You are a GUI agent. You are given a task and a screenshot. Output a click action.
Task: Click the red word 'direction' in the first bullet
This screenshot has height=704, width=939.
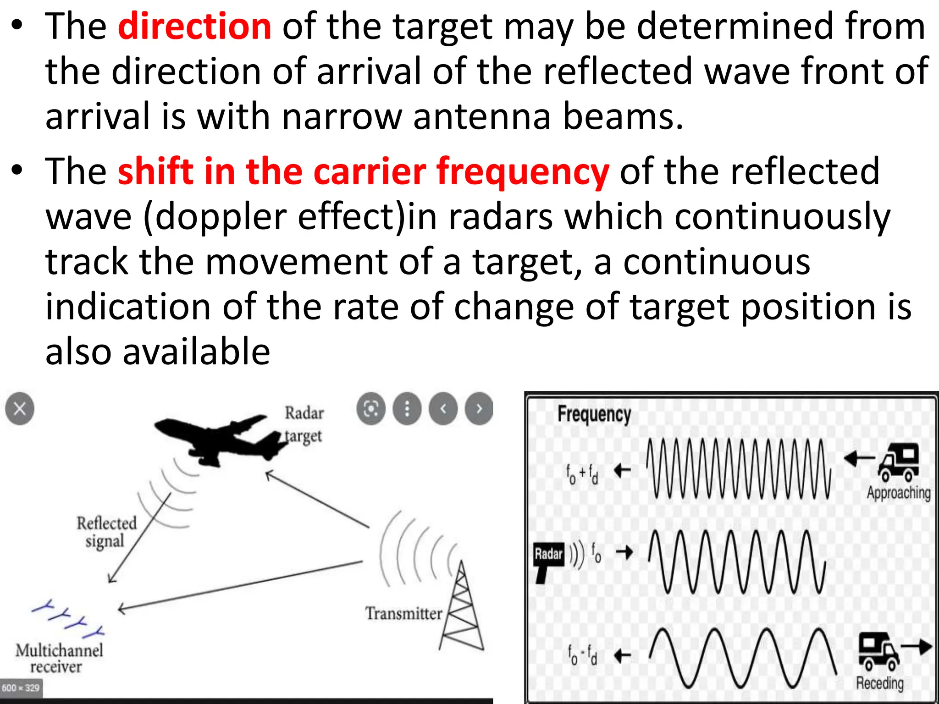point(194,27)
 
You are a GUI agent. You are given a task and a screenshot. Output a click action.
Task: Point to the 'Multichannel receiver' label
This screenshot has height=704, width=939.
point(59,658)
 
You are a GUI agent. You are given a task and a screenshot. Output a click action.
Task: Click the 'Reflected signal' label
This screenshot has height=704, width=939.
point(106,532)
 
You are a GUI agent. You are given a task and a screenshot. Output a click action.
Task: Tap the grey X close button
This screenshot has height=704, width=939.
point(20,408)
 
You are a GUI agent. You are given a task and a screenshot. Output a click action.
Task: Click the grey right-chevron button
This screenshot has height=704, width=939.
point(479,408)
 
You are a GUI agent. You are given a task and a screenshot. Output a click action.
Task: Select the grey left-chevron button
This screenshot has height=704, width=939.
point(443,408)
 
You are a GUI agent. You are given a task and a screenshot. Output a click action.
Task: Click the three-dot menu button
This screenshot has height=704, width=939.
point(407,408)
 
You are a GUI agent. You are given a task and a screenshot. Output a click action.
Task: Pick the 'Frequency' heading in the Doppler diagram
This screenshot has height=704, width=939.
point(594,414)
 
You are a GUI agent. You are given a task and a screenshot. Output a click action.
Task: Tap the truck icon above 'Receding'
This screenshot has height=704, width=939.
point(878,651)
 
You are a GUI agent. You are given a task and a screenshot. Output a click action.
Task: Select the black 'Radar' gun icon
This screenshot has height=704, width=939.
point(548,560)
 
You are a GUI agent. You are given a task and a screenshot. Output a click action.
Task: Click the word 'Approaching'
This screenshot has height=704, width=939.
point(898,493)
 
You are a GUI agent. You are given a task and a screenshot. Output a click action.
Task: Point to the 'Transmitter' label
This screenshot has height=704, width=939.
point(403,613)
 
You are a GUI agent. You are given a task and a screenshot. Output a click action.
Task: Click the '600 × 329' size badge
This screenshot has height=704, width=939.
point(21,688)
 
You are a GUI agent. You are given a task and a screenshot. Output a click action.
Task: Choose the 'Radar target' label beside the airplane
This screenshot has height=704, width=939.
point(304,424)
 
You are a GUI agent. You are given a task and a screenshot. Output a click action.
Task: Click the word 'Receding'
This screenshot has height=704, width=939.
point(879,683)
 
